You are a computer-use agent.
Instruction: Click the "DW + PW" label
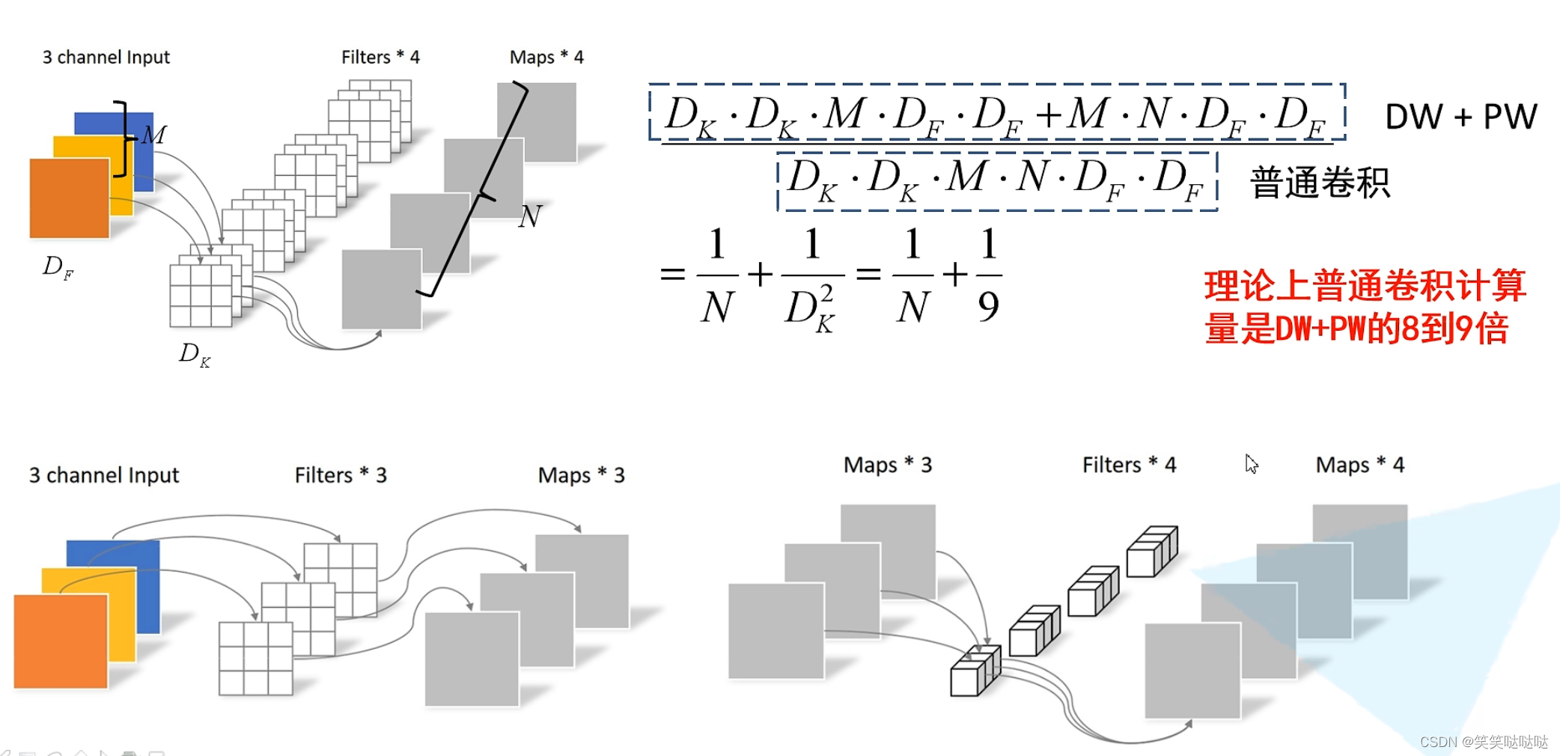(1460, 117)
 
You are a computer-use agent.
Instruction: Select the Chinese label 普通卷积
(1320, 183)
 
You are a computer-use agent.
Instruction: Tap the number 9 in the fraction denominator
(988, 306)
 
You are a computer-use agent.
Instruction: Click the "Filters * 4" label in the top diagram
(380, 57)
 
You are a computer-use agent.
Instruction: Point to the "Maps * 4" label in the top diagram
(546, 57)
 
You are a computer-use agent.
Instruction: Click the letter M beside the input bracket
(154, 135)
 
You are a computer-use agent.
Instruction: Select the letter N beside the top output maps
(530, 217)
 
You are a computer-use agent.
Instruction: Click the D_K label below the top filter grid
(194, 354)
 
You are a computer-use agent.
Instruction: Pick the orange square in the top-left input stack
(69, 198)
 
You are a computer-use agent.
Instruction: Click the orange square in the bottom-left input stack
(60, 641)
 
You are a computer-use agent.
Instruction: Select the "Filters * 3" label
(341, 475)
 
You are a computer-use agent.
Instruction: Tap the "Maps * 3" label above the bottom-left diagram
(581, 475)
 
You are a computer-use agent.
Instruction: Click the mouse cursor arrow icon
(1251, 463)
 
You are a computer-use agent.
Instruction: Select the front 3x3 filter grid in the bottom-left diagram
(255, 659)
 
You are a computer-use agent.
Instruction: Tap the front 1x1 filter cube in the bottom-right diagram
(966, 679)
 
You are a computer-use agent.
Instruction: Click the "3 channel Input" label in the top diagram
(106, 57)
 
